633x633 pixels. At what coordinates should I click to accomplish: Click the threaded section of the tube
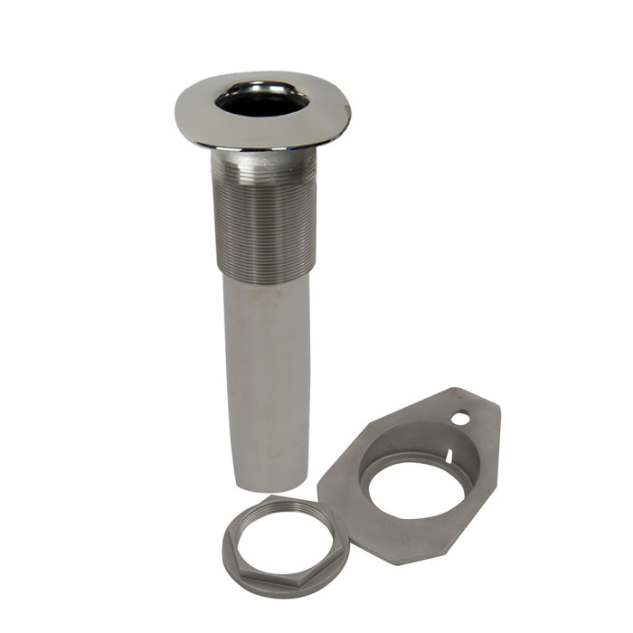tap(265, 217)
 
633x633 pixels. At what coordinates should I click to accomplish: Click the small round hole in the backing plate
tap(462, 419)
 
